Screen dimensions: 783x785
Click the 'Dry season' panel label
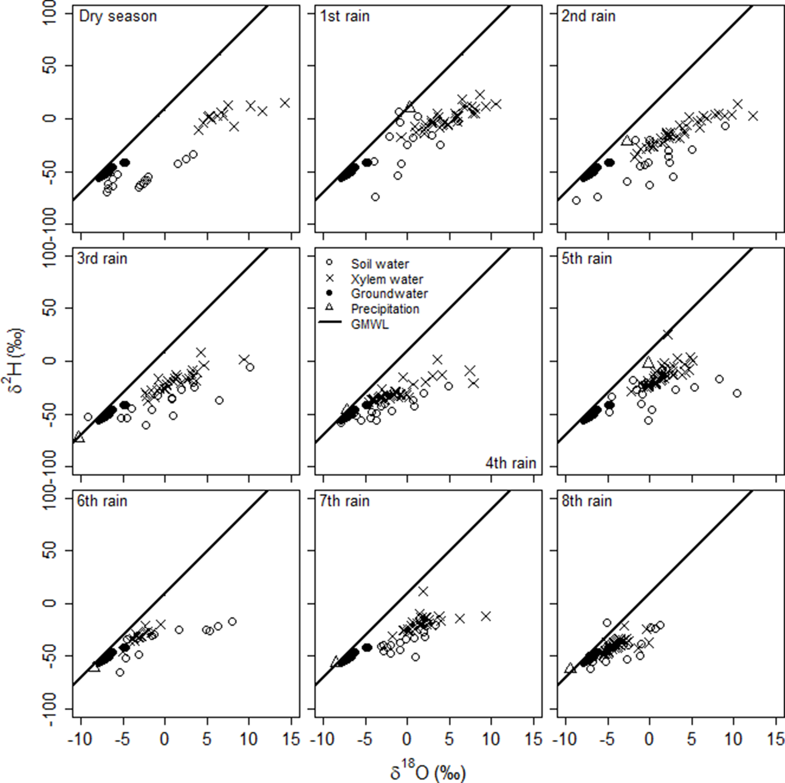coord(118,17)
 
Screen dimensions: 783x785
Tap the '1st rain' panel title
coord(345,17)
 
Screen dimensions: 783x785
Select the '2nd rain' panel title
coord(588,17)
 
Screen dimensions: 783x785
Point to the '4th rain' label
coord(511,463)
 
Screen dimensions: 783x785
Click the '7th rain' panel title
coord(345,501)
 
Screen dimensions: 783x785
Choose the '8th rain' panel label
coord(587,501)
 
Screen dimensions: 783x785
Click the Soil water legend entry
coord(379,264)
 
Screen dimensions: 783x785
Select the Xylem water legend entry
coord(387,279)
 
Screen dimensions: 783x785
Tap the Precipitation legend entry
coord(385,309)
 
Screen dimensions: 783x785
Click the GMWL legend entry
coord(369,324)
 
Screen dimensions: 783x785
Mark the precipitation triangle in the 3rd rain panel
coord(79,437)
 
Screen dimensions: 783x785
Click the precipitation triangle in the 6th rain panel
coord(94,666)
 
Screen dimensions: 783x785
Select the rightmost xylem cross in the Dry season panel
coord(285,103)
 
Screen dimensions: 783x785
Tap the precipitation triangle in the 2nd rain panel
coord(626,141)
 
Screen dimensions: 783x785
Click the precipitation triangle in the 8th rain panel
coord(570,668)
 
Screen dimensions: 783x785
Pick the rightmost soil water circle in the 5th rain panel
coord(737,393)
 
